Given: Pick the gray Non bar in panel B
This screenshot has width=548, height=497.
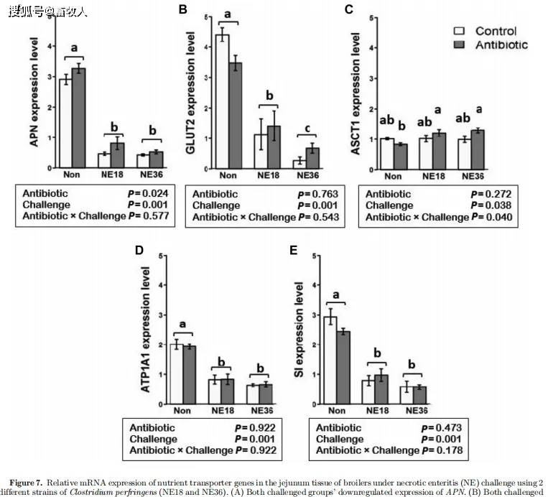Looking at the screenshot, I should click(x=235, y=115).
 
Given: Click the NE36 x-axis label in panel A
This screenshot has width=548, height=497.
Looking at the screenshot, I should click(x=151, y=175).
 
